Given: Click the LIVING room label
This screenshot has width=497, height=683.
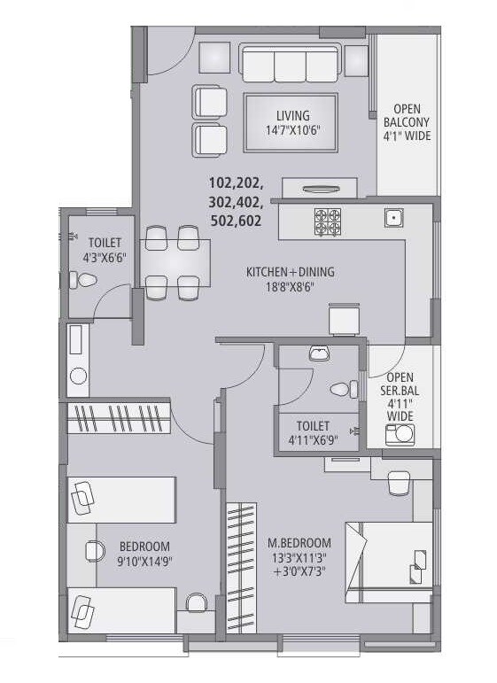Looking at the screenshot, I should point(292,115).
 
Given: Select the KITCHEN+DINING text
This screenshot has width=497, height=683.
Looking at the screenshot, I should point(290,272).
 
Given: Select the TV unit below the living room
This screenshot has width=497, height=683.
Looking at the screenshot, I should point(319,188).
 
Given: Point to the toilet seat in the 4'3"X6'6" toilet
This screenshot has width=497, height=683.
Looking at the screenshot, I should point(86,281).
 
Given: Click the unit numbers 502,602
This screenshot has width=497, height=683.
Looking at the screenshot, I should point(235,221).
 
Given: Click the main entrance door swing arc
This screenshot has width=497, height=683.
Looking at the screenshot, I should point(167,53).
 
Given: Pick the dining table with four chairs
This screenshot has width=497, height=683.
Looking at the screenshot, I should point(173,263).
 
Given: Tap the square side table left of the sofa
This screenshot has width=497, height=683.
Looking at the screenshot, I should point(214,58).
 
